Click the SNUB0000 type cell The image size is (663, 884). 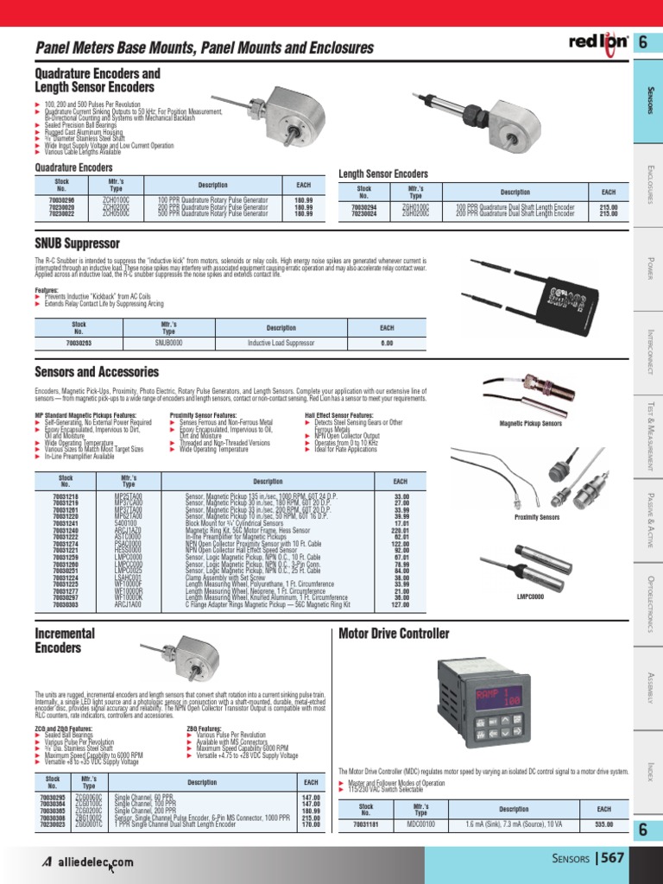click(x=169, y=343)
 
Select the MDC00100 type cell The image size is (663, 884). click(x=420, y=824)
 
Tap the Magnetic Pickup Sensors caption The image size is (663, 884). click(x=531, y=424)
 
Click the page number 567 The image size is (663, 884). click(x=611, y=858)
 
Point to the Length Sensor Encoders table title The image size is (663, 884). click(x=383, y=174)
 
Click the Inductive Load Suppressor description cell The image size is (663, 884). click(x=281, y=343)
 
